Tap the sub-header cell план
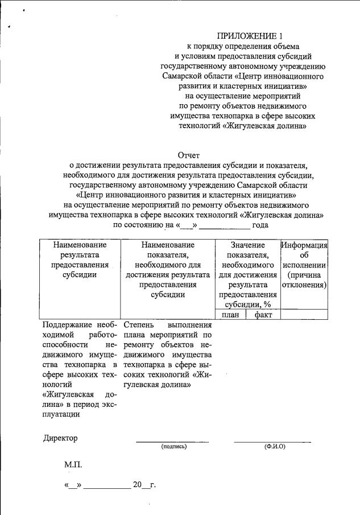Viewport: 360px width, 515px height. (x=230, y=315)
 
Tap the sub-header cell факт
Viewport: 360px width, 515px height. (x=263, y=315)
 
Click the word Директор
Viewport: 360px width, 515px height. (x=60, y=438)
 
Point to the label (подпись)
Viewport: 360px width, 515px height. (x=173, y=447)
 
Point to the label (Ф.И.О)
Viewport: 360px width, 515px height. (x=274, y=447)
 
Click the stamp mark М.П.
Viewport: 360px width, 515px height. (x=73, y=465)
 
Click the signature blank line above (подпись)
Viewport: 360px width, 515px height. (x=172, y=440)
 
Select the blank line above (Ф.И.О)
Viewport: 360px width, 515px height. (x=273, y=440)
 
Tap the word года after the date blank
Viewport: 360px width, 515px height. (x=260, y=225)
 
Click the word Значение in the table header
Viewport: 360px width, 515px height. (x=247, y=244)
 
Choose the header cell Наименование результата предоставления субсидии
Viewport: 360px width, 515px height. (x=80, y=259)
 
